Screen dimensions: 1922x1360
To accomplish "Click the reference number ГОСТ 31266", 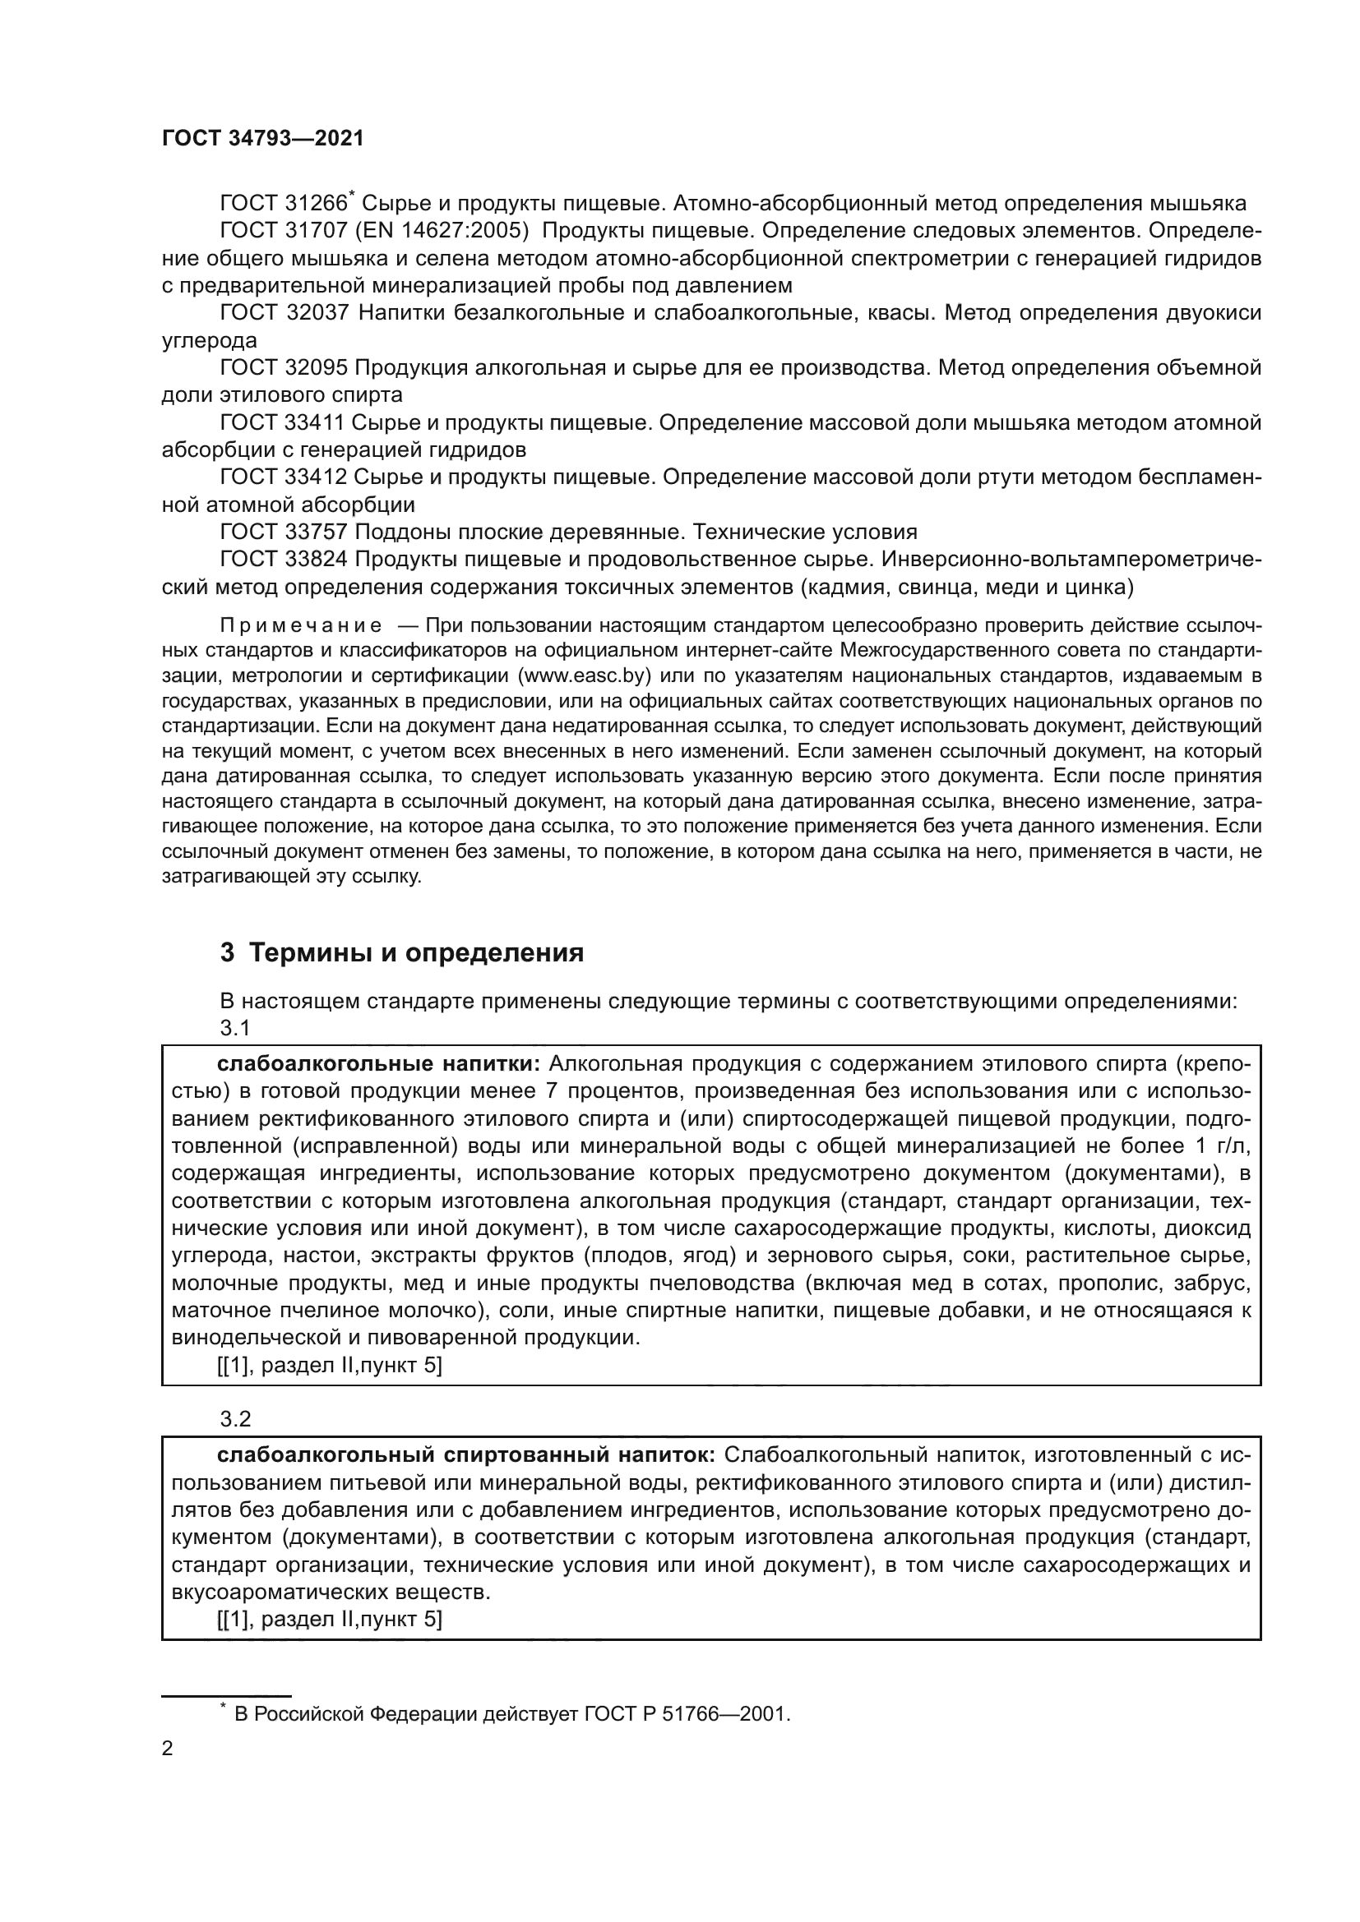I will (283, 204).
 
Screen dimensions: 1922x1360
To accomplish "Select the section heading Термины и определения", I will (416, 952).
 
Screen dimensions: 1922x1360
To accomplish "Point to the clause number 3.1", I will (235, 1028).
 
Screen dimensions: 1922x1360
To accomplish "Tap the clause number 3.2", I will (235, 1419).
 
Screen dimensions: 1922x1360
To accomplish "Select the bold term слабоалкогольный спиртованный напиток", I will (465, 1455).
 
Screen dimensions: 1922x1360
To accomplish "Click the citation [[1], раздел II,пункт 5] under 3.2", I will (329, 1619).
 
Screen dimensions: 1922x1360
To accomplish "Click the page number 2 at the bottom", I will (168, 1749).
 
